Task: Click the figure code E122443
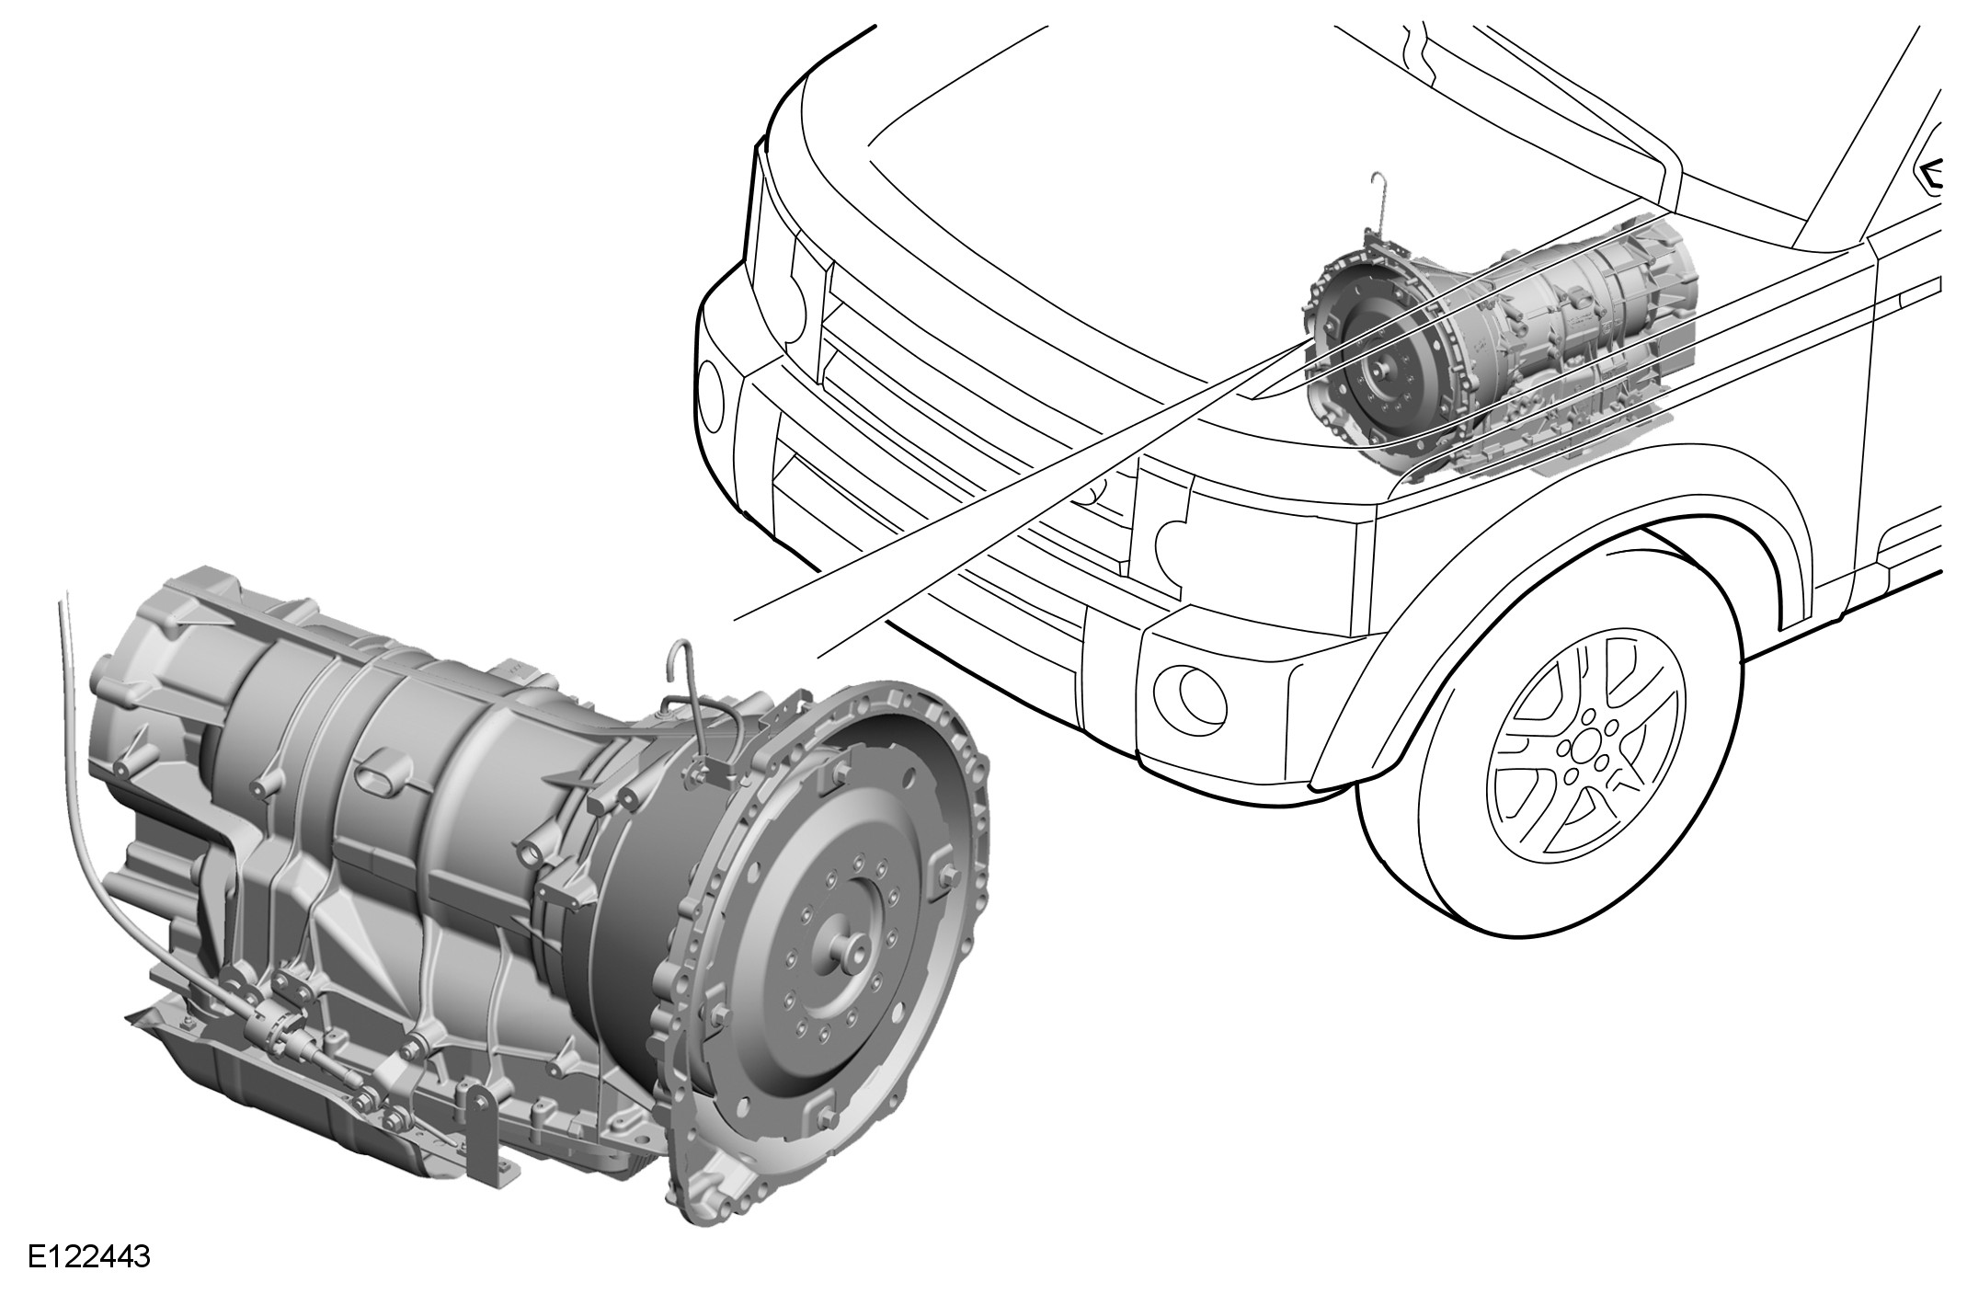click(x=89, y=1257)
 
